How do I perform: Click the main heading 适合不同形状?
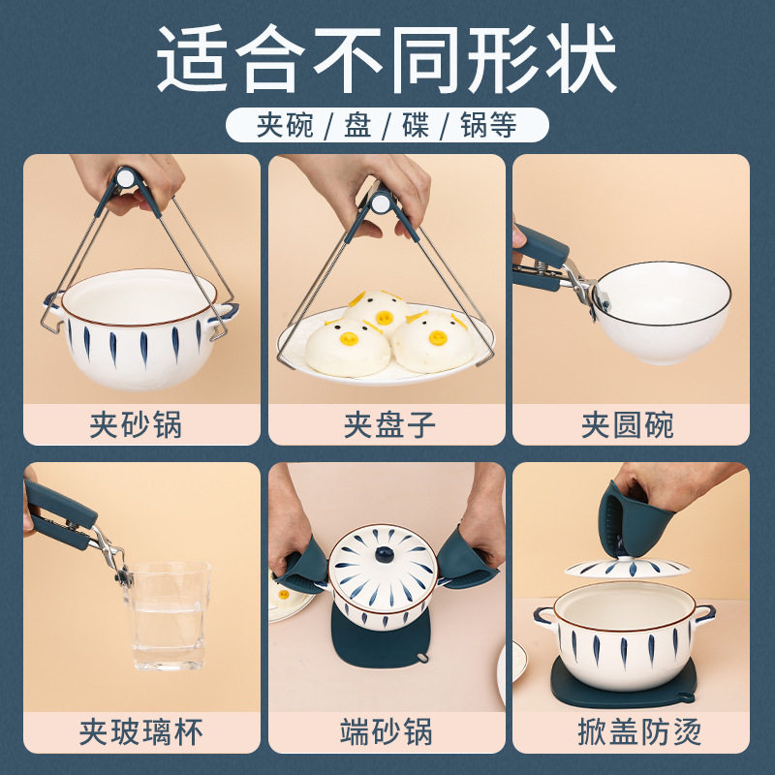point(387,60)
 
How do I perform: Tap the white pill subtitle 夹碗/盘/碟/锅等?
point(387,126)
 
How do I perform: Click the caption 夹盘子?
point(387,424)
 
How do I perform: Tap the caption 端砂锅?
point(387,731)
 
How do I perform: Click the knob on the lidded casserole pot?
point(383,555)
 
